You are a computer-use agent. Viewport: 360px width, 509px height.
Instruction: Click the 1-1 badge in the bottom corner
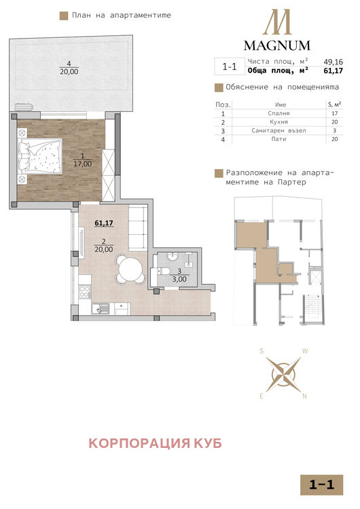point(321,485)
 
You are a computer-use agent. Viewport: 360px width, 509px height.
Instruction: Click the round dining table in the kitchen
point(130,269)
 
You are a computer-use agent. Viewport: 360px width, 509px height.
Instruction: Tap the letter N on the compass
point(306,396)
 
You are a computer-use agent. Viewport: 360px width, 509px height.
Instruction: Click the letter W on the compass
point(306,351)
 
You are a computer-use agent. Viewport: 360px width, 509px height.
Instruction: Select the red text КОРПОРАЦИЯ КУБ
point(156,444)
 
